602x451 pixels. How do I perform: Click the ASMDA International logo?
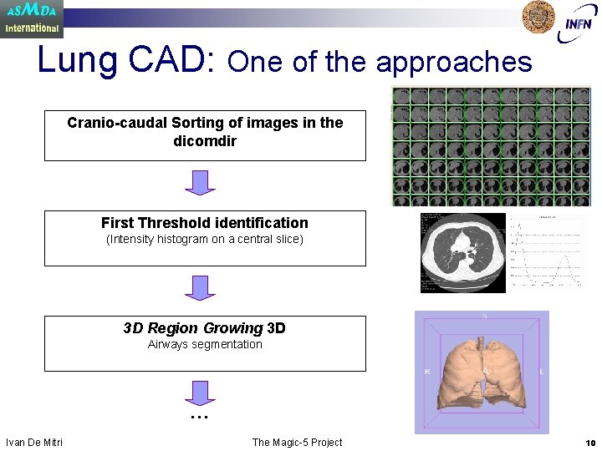coord(32,18)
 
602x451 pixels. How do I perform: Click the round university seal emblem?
coord(538,17)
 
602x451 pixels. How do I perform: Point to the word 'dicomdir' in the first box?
coord(205,140)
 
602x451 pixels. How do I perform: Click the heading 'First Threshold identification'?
coord(205,223)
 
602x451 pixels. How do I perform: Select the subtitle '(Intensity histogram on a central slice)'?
coord(205,240)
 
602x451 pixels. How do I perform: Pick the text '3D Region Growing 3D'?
coord(205,328)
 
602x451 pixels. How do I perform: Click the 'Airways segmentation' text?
coord(205,344)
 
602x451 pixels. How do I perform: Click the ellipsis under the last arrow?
coord(198,415)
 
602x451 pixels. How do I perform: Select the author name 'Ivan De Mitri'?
coord(34,442)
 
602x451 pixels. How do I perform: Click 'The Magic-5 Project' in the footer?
coord(297,442)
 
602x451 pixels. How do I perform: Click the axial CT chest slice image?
coord(462,252)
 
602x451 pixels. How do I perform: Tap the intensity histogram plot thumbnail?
coord(547,253)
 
